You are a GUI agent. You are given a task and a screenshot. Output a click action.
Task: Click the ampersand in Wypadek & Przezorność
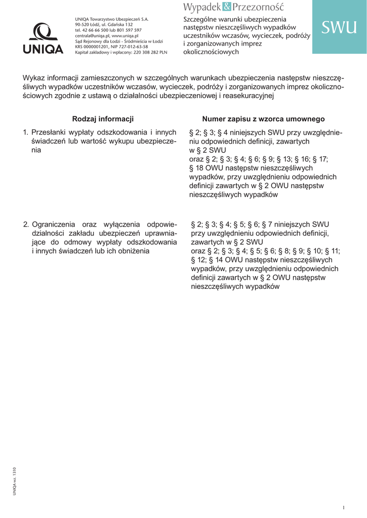[226, 7]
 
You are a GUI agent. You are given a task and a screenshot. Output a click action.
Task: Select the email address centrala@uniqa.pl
[92, 36]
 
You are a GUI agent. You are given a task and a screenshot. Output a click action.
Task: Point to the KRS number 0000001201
[94, 47]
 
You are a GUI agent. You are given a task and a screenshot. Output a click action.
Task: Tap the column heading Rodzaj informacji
[103, 119]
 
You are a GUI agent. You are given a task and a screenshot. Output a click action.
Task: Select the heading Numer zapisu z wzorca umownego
[263, 119]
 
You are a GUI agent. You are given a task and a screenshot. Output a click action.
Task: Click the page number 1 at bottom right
[343, 507]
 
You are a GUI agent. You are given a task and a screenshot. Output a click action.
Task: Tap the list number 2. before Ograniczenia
[26, 224]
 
